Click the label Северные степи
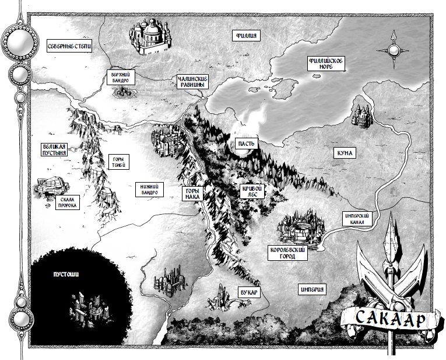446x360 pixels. coord(69,46)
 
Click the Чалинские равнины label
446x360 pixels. coord(191,82)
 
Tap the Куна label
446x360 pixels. coord(345,153)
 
